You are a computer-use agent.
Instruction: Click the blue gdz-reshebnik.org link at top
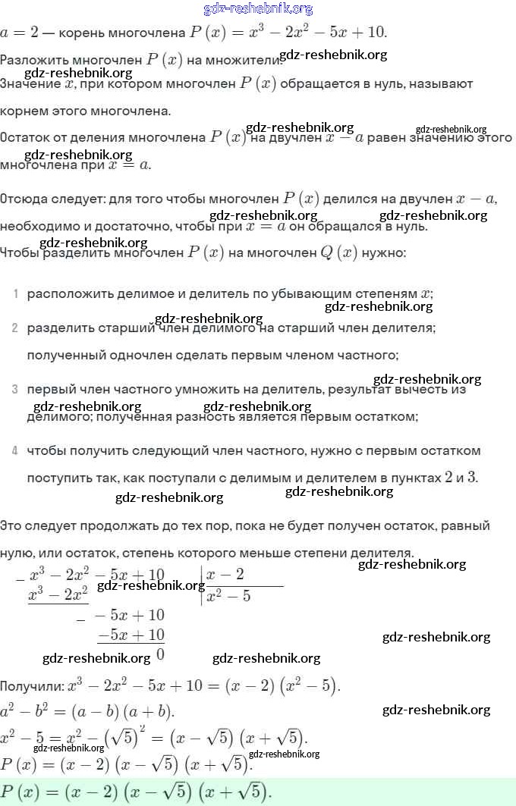point(258,9)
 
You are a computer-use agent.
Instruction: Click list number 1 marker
point(15,293)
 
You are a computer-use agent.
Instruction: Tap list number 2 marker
point(15,328)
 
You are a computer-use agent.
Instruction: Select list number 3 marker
point(15,390)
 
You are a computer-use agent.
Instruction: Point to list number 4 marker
point(15,451)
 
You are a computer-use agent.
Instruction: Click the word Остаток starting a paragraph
point(25,138)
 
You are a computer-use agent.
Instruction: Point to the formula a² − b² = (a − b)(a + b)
point(87,711)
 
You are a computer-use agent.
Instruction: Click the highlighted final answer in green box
point(137,791)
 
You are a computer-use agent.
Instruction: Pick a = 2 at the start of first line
point(18,33)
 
